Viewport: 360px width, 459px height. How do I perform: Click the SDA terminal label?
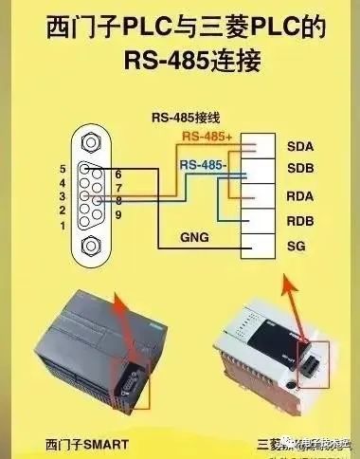[300, 147]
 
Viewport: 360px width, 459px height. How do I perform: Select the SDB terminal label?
[300, 172]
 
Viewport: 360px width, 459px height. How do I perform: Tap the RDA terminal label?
[300, 196]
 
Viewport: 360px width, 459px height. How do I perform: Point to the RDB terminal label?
[300, 221]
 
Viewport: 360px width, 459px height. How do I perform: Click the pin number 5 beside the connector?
[62, 168]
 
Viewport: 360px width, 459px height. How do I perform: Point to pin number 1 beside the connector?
[62, 227]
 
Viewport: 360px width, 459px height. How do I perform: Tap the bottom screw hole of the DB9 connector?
[92, 248]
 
